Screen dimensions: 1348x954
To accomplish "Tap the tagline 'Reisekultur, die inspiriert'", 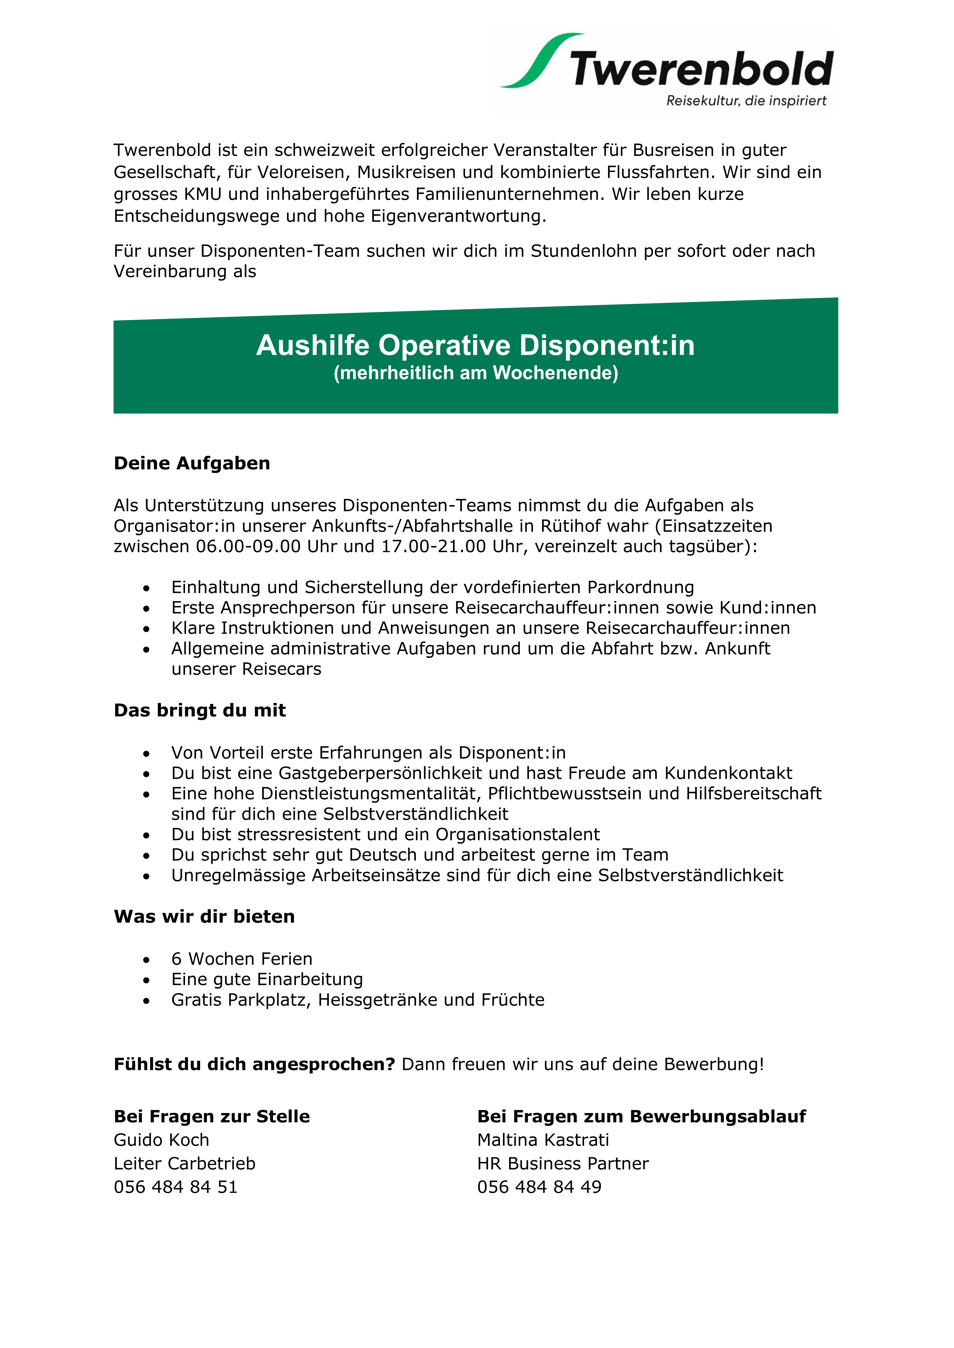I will [746, 101].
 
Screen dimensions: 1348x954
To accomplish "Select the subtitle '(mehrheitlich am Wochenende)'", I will [476, 373].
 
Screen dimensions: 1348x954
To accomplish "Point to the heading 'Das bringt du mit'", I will [200, 710].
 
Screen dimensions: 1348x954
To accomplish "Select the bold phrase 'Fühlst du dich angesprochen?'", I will [254, 1064].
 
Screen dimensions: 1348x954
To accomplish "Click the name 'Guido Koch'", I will [162, 1140].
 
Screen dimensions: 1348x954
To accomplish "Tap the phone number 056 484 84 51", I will [176, 1187].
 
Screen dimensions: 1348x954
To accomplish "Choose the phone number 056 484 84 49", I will [539, 1187].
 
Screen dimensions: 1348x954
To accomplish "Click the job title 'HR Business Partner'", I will [563, 1164].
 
